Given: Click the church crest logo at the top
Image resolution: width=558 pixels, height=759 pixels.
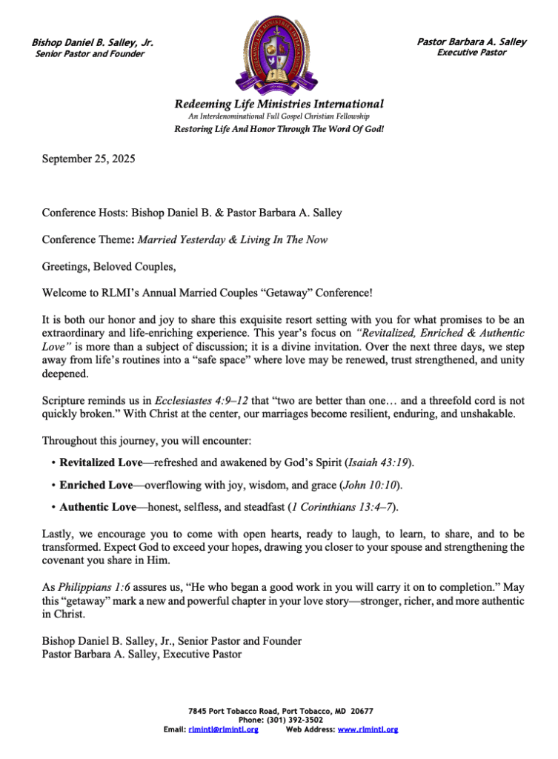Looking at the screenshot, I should click(279, 56).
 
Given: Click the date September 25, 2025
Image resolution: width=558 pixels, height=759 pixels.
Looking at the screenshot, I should click(88, 158).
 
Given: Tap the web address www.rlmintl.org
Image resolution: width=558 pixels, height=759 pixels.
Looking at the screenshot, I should click(368, 729).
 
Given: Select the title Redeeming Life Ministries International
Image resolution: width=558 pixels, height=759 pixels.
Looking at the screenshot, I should click(279, 104).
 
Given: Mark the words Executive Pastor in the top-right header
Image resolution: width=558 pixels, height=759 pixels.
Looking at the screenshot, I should click(471, 53).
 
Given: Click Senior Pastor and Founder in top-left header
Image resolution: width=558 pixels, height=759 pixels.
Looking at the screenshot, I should click(90, 54).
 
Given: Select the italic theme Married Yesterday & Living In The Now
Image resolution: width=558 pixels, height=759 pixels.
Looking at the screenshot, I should click(233, 240).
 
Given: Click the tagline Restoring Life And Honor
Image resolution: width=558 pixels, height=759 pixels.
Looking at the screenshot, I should click(279, 128).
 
